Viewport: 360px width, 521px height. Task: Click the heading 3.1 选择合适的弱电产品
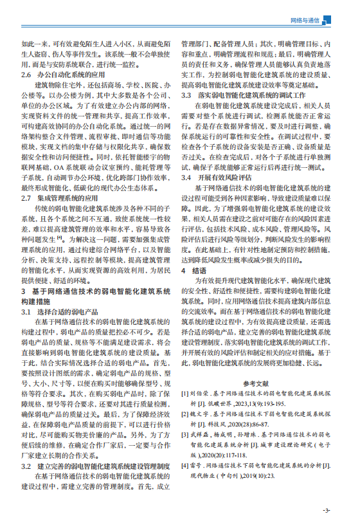pyautogui.click(x=61, y=312)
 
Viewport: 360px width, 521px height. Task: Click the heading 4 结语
pyautogui.click(x=191, y=272)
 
